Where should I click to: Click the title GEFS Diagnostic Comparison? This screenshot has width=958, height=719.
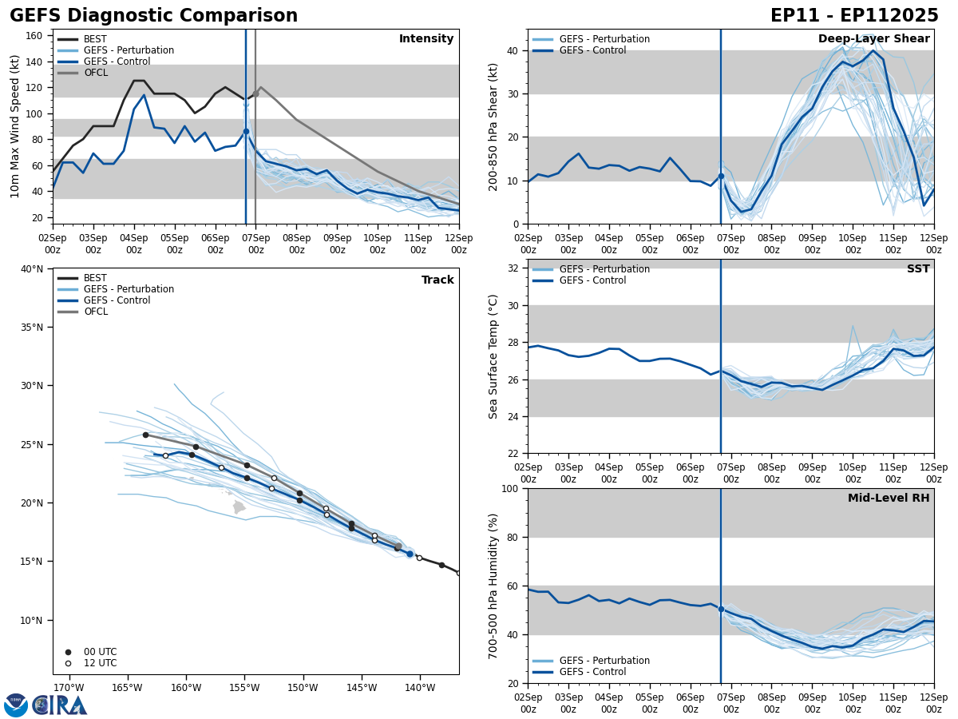[x=153, y=16]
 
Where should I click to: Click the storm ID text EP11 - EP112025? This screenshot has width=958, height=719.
[x=854, y=16]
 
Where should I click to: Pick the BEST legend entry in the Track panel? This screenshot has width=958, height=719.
[x=95, y=278]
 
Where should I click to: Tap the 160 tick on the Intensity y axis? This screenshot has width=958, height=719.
[x=34, y=36]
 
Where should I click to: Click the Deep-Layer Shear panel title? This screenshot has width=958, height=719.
[x=873, y=39]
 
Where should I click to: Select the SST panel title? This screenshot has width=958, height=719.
[x=918, y=269]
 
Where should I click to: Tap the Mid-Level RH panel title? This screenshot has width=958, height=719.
[x=889, y=499]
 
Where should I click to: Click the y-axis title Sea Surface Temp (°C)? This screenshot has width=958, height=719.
[x=494, y=356]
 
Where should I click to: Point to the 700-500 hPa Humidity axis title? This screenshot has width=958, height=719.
[x=494, y=586]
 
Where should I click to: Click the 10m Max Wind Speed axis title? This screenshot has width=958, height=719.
[x=15, y=126]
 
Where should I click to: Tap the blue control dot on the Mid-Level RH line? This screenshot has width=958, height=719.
[x=721, y=609]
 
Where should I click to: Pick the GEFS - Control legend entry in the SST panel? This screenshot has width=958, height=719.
[x=592, y=280]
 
